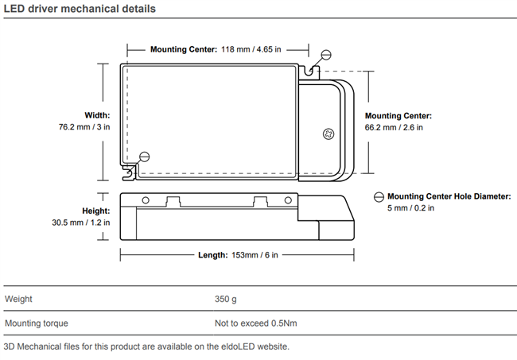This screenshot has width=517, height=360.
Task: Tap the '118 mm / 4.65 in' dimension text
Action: click(251, 49)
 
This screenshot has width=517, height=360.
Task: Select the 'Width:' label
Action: click(97, 115)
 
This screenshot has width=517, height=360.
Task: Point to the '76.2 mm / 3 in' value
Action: click(84, 127)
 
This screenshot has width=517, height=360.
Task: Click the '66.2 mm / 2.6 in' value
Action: click(395, 127)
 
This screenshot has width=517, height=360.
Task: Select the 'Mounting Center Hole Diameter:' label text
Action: click(449, 196)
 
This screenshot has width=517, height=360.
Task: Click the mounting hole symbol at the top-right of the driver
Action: click(325, 55)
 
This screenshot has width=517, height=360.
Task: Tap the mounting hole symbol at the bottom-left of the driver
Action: click(144, 157)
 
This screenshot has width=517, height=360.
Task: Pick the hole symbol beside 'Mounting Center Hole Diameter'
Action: click(379, 196)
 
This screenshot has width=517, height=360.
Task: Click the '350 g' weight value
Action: click(226, 300)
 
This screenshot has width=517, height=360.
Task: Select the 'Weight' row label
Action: click(19, 300)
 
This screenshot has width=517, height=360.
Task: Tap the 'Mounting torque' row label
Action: click(36, 323)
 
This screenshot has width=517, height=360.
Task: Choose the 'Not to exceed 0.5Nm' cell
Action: click(256, 323)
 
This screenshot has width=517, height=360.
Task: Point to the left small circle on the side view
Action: click(146, 199)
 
